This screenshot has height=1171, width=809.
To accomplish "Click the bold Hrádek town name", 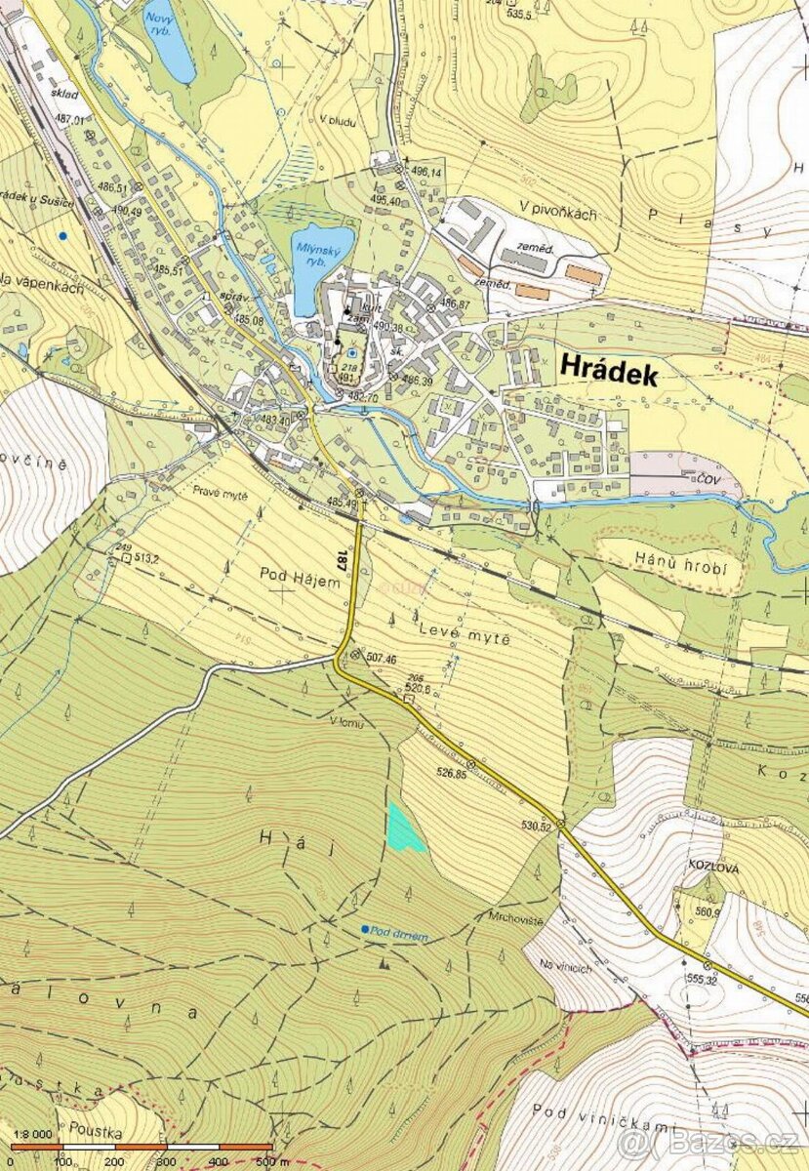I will (x=609, y=371).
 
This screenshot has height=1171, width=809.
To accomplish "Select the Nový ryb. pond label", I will (x=161, y=22).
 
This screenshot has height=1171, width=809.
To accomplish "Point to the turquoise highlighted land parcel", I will (x=403, y=829).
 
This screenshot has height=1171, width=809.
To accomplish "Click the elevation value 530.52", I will (x=537, y=826).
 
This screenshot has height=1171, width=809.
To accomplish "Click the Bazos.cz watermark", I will (x=711, y=1142).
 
